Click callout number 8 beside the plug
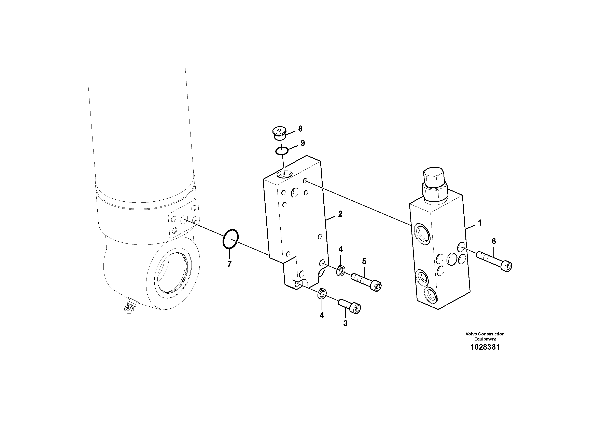point(300,129)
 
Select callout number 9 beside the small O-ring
point(303,143)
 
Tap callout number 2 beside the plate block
point(340,214)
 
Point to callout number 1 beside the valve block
point(480,223)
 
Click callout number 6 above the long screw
point(494,241)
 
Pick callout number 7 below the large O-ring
point(229,264)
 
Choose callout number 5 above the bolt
point(364,261)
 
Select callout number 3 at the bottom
point(345,323)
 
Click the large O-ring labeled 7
point(230,239)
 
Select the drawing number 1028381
point(485,347)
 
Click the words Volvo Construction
point(485,334)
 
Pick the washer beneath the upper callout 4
point(340,271)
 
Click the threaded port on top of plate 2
point(284,174)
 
